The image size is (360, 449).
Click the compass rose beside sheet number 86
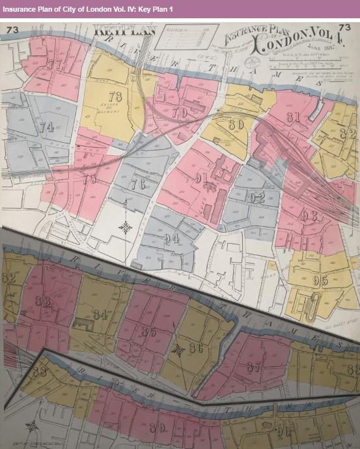pyautogui.click(x=176, y=351)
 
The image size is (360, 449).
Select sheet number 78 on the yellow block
pyautogui.click(x=117, y=96)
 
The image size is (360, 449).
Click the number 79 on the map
pyautogui.click(x=180, y=113)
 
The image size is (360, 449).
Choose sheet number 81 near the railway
pyautogui.click(x=293, y=117)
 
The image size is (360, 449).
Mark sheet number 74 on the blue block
pyautogui.click(x=46, y=127)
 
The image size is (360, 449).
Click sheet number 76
pyautogui.click(x=137, y=184)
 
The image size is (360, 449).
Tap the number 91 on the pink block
pyautogui.click(x=201, y=177)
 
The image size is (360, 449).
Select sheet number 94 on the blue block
pyautogui.click(x=172, y=239)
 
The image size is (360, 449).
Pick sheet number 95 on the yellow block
pyautogui.click(x=320, y=281)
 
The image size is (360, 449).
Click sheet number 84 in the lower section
pyautogui.click(x=100, y=315)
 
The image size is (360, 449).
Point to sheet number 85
pyautogui.click(x=149, y=332)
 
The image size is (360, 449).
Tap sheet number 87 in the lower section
pyautogui.click(x=253, y=367)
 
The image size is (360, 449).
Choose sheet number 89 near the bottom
pyautogui.click(x=157, y=427)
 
